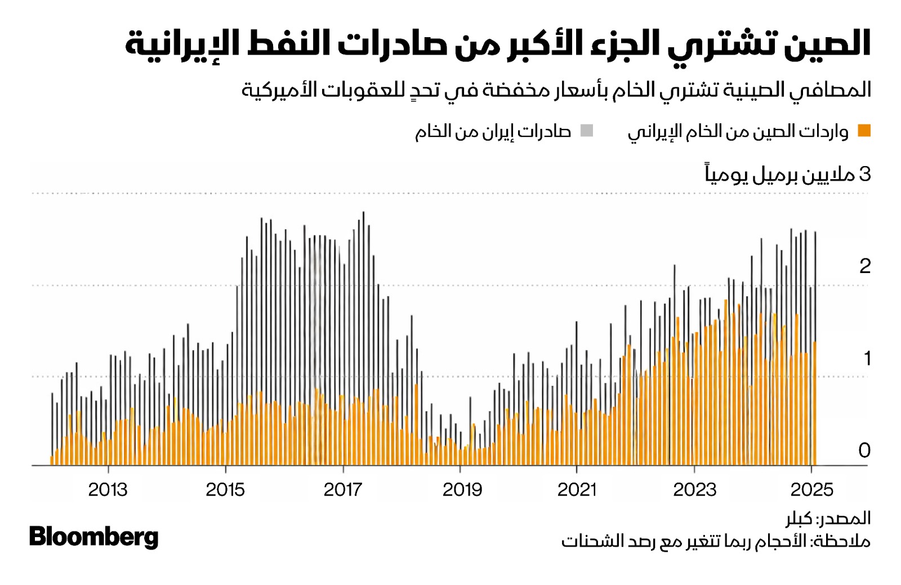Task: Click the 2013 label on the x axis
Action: click(x=108, y=490)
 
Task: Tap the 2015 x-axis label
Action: click(x=225, y=490)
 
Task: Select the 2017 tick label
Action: click(x=343, y=490)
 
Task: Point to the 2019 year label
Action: click(x=462, y=490)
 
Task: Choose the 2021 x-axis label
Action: click(x=577, y=490)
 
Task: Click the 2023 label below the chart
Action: click(x=694, y=490)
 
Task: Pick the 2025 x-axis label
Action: click(x=811, y=490)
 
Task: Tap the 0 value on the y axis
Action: click(x=864, y=450)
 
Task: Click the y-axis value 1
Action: click(x=867, y=358)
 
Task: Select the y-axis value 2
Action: click(x=865, y=266)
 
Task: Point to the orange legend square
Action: click(x=864, y=131)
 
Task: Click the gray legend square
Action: click(x=587, y=131)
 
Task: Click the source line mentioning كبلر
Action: click(x=828, y=518)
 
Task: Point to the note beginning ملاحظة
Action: click(x=716, y=541)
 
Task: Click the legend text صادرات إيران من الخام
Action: click(x=493, y=132)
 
